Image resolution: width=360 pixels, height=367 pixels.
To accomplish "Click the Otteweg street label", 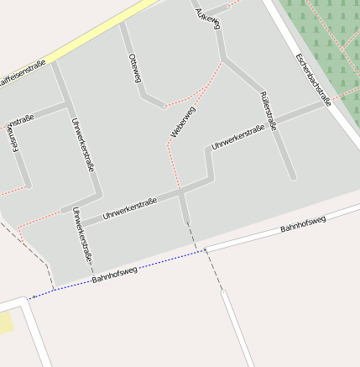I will pyautogui.click(x=134, y=67).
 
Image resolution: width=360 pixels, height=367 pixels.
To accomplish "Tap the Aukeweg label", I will pyautogui.click(x=207, y=16).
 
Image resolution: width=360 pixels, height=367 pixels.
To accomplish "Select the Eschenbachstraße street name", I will pyautogui.click(x=313, y=80).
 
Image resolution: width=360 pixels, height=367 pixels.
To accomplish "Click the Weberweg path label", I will pyautogui.click(x=182, y=123).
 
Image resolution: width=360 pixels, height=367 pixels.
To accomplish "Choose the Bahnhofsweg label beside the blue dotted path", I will pyautogui.click(x=114, y=272).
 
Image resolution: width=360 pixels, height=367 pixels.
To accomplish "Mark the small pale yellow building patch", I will pyautogui.click(x=6, y=321).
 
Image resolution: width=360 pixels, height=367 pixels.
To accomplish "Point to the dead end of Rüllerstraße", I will pyautogui.click(x=293, y=177).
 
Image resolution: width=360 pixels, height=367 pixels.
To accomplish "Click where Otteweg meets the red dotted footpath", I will pyautogui.click(x=164, y=107).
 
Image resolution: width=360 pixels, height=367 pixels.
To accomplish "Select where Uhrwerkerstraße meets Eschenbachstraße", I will pyautogui.click(x=329, y=102).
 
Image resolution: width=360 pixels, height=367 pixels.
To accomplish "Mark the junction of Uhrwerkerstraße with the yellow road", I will pyautogui.click(x=55, y=61).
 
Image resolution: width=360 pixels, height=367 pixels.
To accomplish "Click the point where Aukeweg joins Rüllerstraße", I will pyautogui.click(x=224, y=60).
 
